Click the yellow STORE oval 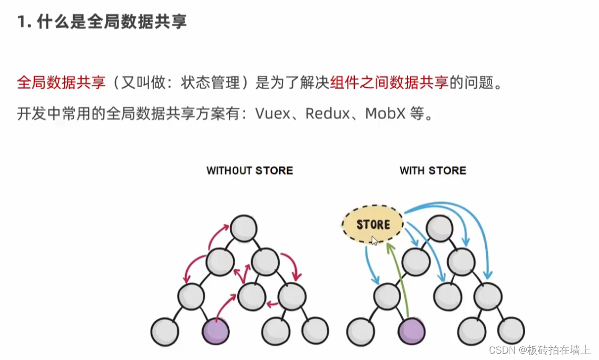pyautogui.click(x=372, y=224)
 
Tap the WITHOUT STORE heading pyautogui.click(x=249, y=171)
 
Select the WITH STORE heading pyautogui.click(x=432, y=171)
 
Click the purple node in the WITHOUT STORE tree pyautogui.click(x=216, y=331)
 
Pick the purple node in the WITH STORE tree pyautogui.click(x=412, y=331)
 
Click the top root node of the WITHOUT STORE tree pyautogui.click(x=244, y=228)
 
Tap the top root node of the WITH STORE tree pyautogui.click(x=439, y=228)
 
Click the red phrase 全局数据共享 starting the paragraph pyautogui.click(x=61, y=83)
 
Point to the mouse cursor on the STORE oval pyautogui.click(x=375, y=240)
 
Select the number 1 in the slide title pyautogui.click(x=21, y=22)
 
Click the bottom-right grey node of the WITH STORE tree pyautogui.click(x=511, y=331)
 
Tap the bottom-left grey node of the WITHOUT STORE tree pyautogui.click(x=164, y=331)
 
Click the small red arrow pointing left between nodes pyautogui.click(x=272, y=305)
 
